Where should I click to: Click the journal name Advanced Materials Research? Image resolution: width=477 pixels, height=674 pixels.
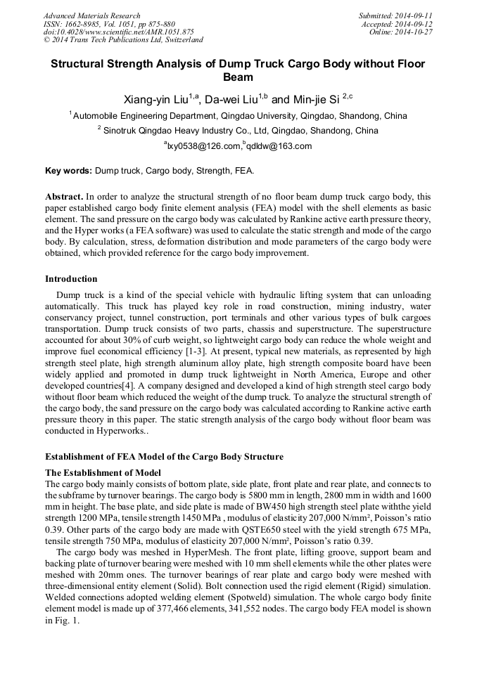[91, 15]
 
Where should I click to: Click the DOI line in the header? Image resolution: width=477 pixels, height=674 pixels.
[119, 32]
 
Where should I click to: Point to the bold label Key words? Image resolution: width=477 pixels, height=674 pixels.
[68, 171]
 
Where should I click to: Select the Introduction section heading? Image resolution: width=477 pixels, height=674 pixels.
[71, 279]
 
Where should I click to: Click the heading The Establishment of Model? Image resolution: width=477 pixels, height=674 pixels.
[103, 472]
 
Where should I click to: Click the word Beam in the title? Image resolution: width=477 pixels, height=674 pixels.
[238, 77]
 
